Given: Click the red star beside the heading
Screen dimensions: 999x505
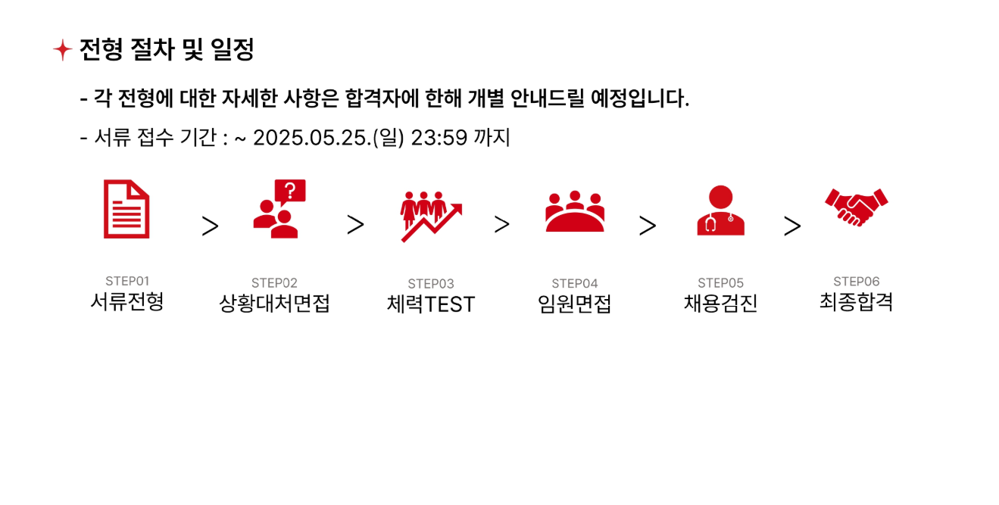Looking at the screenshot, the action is [62, 49].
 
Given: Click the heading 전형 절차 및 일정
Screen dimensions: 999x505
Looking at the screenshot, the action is [167, 49].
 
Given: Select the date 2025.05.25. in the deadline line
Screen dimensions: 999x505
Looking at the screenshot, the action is [312, 137].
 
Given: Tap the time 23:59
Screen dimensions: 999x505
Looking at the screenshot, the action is [439, 137].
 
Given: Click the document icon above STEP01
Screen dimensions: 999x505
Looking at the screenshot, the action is [126, 209].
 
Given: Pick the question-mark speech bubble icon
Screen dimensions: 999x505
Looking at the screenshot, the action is [279, 209].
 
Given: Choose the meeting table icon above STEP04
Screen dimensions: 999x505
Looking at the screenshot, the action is [575, 211].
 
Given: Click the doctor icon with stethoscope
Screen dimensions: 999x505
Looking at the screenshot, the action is [721, 210].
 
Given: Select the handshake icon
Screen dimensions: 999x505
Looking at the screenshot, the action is [857, 207].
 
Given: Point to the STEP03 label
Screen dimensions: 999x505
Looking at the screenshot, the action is [431, 284].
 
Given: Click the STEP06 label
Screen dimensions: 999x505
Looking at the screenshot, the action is [857, 282].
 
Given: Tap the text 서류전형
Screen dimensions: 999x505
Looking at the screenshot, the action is [127, 302].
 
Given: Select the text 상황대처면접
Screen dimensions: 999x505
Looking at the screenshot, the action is [274, 304].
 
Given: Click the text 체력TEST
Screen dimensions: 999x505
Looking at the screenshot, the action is [431, 304].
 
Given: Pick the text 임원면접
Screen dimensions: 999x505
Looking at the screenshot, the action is [574, 304].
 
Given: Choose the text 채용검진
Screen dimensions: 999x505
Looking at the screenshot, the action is [721, 304].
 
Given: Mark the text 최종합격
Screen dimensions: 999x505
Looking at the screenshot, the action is [857, 302].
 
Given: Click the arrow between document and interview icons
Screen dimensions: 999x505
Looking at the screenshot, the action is [210, 226].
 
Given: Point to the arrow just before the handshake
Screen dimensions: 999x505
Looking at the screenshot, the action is [792, 226].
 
